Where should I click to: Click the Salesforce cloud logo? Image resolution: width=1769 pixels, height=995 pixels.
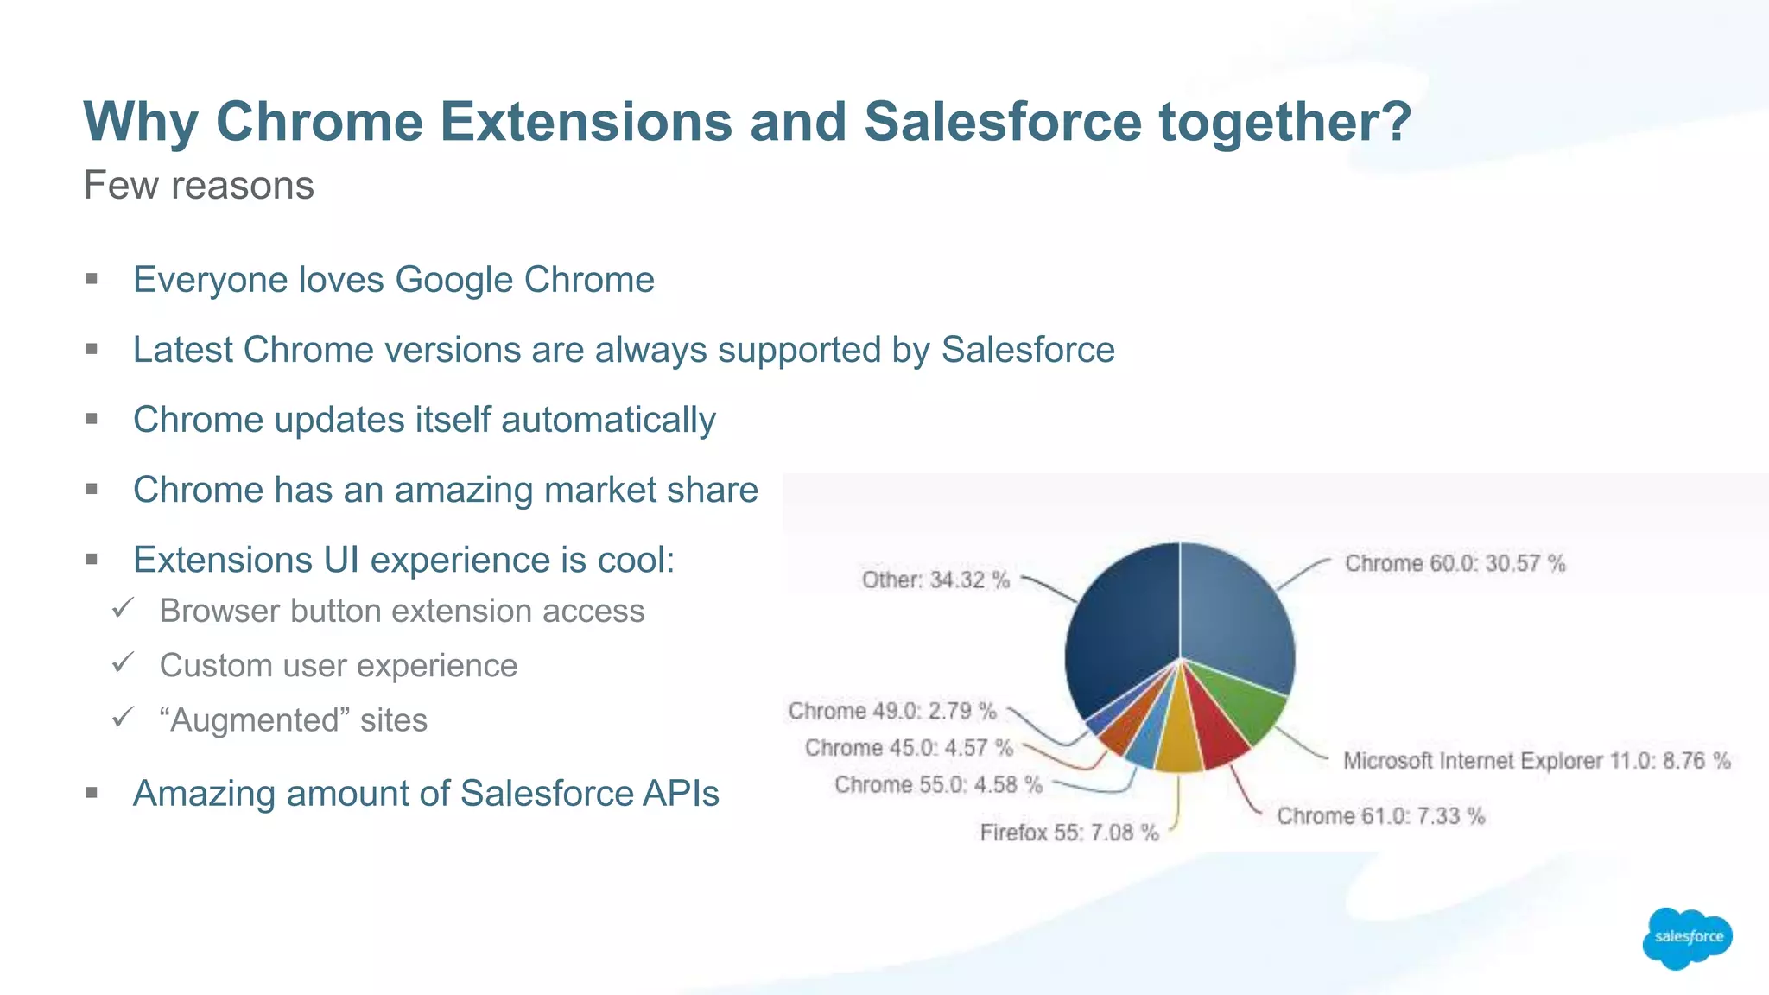1687,937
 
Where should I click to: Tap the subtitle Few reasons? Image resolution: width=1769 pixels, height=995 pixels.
199,186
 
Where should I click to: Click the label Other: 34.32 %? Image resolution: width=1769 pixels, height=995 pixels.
935,580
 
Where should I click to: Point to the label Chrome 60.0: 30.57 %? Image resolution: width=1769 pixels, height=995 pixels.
1455,564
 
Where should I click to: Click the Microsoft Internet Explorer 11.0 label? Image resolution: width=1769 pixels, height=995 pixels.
1536,761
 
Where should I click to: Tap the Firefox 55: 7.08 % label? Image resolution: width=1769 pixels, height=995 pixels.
1068,833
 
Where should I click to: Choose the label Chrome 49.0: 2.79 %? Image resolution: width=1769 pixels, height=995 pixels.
892,711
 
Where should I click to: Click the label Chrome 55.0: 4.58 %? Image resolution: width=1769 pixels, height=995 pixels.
938,784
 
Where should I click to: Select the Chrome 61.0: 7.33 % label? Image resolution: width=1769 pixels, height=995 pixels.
1380,816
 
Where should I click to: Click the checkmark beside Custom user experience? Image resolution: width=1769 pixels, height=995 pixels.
123,663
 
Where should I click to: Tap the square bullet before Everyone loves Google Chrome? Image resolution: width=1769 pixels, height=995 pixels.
92,279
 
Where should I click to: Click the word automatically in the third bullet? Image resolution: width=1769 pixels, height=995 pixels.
608,421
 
